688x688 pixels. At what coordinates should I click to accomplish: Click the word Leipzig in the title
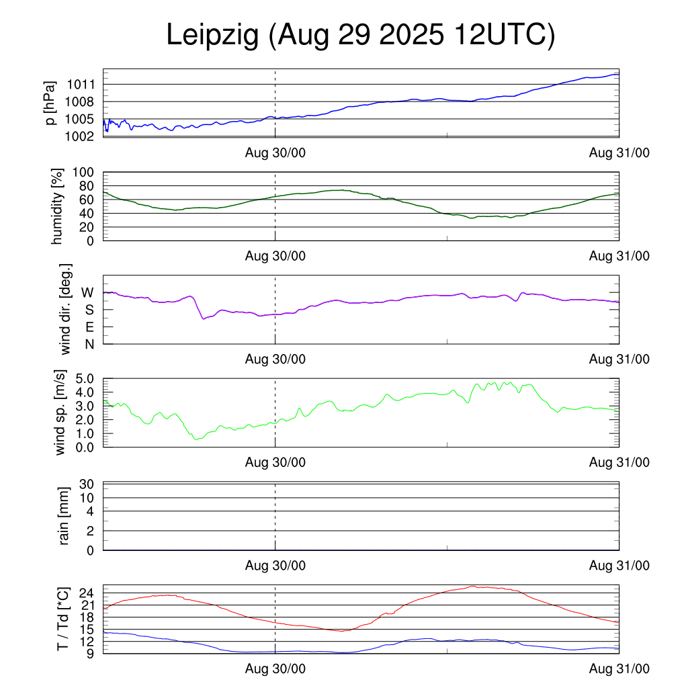pyautogui.click(x=212, y=36)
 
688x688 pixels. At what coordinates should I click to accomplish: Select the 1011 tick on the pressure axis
pyautogui.click(x=81, y=85)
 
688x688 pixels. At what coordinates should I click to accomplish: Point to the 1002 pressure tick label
pyautogui.click(x=81, y=136)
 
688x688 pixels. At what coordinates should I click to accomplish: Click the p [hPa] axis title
pyautogui.click(x=50, y=102)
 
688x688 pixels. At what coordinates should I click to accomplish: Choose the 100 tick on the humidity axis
pyautogui.click(x=84, y=173)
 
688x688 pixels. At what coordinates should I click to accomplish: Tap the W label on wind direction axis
pyautogui.click(x=87, y=293)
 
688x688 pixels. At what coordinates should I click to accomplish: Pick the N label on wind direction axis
pyautogui.click(x=88, y=344)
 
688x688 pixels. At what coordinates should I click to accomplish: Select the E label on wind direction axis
pyautogui.click(x=88, y=327)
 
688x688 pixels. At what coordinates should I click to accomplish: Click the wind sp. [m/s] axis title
pyautogui.click(x=62, y=412)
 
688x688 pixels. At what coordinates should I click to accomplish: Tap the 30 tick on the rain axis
pyautogui.click(x=87, y=484)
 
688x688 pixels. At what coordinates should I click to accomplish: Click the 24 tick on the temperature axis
pyautogui.click(x=87, y=593)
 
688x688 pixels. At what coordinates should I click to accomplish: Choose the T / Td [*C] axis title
pyautogui.click(x=62, y=618)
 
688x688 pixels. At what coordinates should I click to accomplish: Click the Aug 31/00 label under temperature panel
pyautogui.click(x=619, y=669)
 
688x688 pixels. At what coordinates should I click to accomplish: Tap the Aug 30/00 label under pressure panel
pyautogui.click(x=275, y=153)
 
